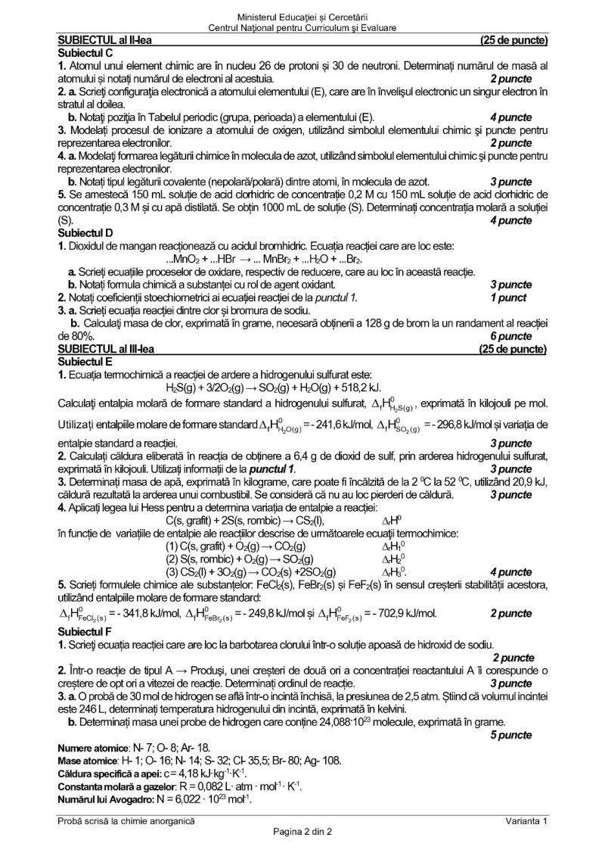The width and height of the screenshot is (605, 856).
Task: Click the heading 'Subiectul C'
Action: (85, 53)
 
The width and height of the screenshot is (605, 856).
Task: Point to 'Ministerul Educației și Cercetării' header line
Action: (302, 16)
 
